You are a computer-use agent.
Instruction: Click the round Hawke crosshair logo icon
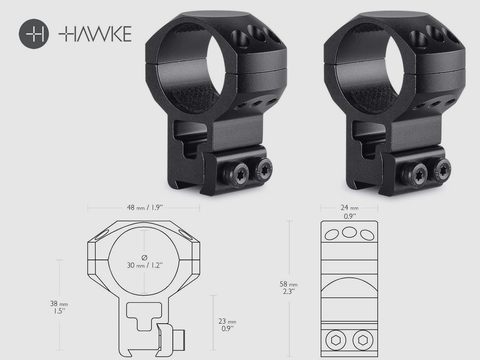point(34,34)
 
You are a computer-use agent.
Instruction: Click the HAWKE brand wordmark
point(95,34)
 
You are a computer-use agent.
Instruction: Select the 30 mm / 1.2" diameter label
point(144,265)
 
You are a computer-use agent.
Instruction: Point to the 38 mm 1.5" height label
point(59,306)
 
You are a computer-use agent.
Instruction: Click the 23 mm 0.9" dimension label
point(227,324)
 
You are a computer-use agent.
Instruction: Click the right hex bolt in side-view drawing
point(362,340)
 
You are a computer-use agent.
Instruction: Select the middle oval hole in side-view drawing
point(349,232)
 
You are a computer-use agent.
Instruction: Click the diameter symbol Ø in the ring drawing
point(144,257)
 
